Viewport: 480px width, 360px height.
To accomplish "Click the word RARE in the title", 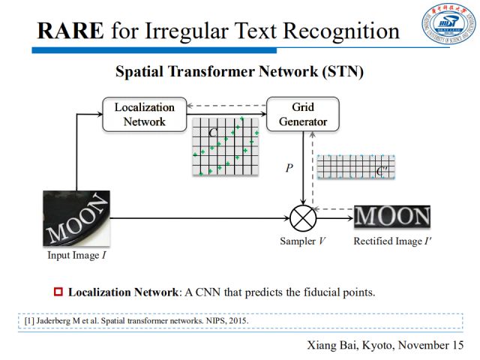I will [x=69, y=31].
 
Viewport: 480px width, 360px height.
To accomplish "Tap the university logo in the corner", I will [x=448, y=25].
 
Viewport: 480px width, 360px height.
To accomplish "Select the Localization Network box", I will [x=144, y=114].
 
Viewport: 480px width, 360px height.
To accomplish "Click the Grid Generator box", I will [x=301, y=114].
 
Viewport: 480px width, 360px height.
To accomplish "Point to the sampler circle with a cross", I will [x=303, y=218].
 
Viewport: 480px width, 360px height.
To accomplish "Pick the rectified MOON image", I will [x=392, y=217].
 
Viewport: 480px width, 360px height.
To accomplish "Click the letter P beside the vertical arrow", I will [x=289, y=168].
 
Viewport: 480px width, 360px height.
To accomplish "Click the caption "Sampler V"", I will [x=301, y=242].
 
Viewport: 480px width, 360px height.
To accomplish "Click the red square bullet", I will [x=58, y=291].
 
